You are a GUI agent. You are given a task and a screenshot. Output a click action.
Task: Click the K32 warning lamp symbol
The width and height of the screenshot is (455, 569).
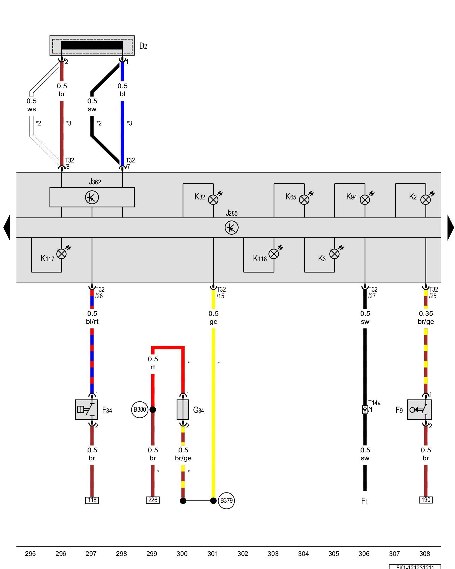click(213, 199)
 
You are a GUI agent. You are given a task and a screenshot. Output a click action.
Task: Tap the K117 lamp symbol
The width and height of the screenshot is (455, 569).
click(61, 254)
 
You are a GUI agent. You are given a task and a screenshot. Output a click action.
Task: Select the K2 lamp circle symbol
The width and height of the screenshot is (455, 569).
click(425, 199)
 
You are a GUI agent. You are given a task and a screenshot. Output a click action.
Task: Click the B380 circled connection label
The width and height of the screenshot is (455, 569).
click(140, 409)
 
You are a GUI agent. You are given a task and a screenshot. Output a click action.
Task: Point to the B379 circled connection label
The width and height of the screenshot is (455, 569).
click(226, 500)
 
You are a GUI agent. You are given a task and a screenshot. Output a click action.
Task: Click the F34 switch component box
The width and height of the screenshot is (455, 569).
click(86, 409)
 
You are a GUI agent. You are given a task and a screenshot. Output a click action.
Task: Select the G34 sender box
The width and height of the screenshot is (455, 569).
click(183, 409)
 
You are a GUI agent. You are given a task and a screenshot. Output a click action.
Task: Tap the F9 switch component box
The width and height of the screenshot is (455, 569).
click(419, 409)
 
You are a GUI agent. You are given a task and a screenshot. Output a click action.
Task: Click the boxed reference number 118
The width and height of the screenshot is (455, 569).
click(92, 500)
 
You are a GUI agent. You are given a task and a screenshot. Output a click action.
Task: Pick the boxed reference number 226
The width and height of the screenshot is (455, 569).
click(153, 500)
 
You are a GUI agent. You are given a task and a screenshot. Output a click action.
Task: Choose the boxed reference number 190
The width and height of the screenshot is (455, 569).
click(426, 500)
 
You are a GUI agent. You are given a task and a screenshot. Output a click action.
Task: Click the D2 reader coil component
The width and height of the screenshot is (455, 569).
click(92, 46)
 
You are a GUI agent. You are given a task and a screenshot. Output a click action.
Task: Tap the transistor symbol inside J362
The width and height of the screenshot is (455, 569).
click(92, 197)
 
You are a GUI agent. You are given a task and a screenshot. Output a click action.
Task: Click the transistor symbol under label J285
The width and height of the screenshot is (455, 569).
click(231, 228)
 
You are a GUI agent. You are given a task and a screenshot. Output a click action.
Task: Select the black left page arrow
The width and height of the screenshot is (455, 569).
click(7, 228)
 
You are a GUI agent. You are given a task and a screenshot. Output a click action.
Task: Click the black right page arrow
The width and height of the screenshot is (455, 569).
click(450, 228)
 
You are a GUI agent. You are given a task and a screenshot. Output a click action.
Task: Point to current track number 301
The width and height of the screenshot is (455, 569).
click(212, 554)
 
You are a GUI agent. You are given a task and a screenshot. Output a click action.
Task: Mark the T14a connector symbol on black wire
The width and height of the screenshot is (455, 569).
click(365, 409)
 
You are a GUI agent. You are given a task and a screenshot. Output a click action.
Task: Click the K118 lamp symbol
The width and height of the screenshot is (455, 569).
click(274, 254)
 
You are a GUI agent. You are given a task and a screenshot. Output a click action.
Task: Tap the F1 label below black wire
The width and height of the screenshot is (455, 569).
click(365, 501)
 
